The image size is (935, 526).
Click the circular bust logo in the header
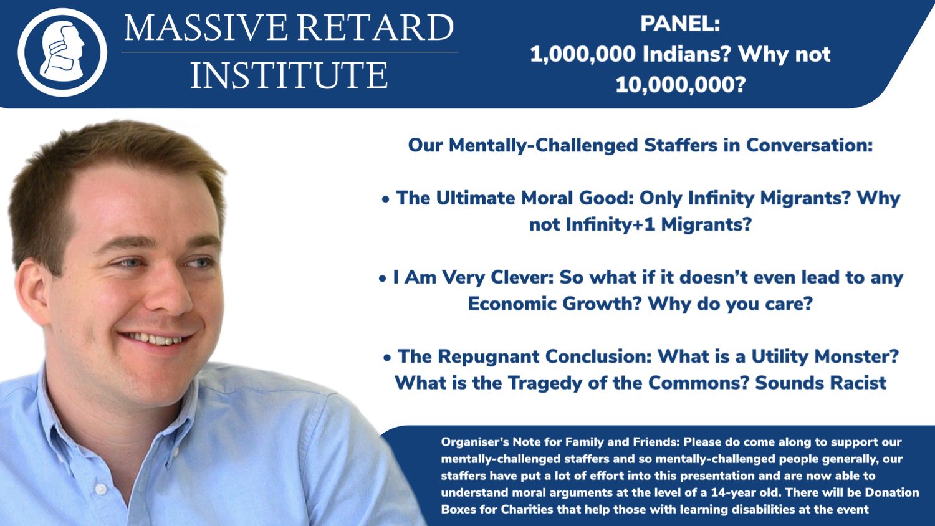pyautogui.click(x=62, y=52)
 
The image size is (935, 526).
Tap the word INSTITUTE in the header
pyautogui.click(x=289, y=75)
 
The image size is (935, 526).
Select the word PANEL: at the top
pyautogui.click(x=680, y=24)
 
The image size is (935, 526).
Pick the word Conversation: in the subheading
pyautogui.click(x=809, y=145)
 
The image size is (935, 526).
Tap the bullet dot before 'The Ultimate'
pyautogui.click(x=386, y=199)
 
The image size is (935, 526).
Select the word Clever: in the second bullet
pyautogui.click(x=522, y=277)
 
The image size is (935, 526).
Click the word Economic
pyautogui.click(x=512, y=304)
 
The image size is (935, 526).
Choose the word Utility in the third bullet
pyautogui.click(x=780, y=356)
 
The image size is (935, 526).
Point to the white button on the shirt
pyautogui.click(x=100, y=490)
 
